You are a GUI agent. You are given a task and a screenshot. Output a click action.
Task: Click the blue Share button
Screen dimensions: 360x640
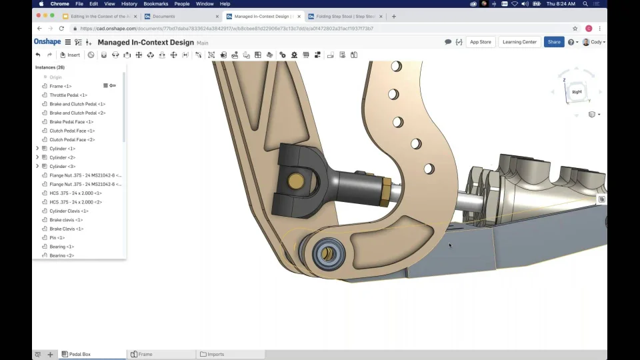point(554,42)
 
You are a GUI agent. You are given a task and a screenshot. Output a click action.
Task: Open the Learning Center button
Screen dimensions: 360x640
point(519,42)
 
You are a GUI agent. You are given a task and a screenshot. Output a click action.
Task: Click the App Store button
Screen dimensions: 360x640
point(480,42)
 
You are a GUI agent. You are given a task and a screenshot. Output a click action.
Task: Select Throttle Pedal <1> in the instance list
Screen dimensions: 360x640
point(68,95)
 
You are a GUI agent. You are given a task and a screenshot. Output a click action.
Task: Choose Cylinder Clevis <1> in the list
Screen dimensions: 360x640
point(69,211)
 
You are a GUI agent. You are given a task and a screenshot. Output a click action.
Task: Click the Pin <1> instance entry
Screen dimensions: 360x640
point(57,237)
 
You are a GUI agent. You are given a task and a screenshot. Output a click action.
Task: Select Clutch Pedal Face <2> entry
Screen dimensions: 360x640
point(72,139)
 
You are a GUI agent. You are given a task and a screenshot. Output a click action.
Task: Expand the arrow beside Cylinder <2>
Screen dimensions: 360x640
point(37,157)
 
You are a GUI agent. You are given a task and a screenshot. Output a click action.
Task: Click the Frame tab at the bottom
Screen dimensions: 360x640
point(145,355)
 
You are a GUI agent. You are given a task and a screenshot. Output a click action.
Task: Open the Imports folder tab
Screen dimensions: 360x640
point(215,355)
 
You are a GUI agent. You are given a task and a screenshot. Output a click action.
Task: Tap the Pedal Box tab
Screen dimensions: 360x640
point(79,355)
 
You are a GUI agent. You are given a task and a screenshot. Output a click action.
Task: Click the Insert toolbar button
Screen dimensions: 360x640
point(70,55)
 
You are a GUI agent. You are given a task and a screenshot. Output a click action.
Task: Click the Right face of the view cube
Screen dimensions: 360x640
point(577,92)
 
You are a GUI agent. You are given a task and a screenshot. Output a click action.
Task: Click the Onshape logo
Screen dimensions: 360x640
point(47,42)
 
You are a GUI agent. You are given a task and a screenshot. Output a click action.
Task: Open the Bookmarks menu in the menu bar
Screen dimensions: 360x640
point(155,4)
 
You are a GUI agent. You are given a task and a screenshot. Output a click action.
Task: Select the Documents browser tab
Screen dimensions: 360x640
point(163,16)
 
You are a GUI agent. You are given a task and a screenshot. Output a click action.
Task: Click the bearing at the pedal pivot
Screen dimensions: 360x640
point(327,253)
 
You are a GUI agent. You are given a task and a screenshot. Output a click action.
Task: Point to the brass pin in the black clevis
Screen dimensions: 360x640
point(295,181)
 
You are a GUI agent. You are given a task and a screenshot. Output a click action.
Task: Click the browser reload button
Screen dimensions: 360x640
point(61,29)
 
